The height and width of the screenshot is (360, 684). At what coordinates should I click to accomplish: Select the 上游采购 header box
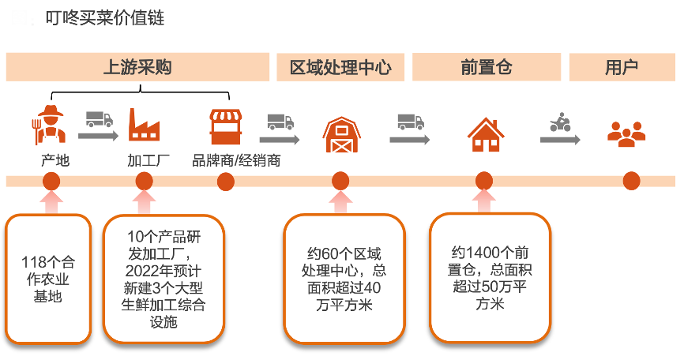point(137,67)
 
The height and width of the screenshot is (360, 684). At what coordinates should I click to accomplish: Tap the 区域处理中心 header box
point(340,67)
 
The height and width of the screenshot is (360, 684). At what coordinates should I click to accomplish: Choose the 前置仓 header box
point(487,67)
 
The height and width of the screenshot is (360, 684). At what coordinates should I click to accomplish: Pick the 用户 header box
point(622,67)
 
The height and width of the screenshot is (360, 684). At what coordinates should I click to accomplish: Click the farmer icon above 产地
point(51,125)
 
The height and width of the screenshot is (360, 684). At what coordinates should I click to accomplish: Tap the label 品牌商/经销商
point(236,161)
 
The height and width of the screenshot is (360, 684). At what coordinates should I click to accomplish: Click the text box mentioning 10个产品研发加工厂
point(166,279)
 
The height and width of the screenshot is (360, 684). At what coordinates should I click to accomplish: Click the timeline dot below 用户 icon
point(631,181)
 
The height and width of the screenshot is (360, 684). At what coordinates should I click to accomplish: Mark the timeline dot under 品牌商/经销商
point(225,181)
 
